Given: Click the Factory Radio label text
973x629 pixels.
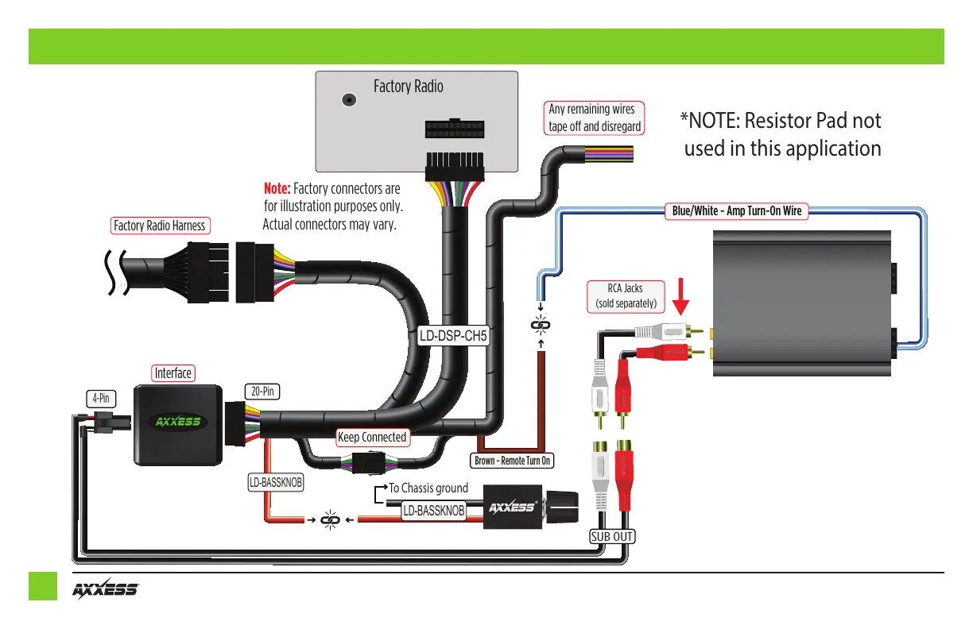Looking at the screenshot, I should tap(409, 87).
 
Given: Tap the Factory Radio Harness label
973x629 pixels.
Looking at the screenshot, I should tap(159, 226).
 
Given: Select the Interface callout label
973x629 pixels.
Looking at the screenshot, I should tap(173, 373).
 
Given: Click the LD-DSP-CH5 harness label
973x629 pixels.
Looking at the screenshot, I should tap(453, 336).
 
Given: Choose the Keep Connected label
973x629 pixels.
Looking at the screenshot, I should tap(372, 437).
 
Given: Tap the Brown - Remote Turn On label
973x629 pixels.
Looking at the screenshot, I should tap(513, 461).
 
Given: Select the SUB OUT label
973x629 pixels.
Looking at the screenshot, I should tap(611, 536).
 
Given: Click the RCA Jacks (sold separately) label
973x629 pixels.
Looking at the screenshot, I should tap(626, 296).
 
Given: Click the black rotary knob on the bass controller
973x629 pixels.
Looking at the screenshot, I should tap(562, 506).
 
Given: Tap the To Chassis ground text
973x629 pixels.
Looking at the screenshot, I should tap(428, 488).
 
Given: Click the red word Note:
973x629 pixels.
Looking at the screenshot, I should tap(277, 189).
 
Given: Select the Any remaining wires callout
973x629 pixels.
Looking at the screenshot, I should tap(594, 118).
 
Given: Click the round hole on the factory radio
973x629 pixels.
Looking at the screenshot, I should tap(347, 100).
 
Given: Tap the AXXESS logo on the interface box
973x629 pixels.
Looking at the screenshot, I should tap(178, 422).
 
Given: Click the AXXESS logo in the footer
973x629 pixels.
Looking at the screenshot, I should tap(106, 590).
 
